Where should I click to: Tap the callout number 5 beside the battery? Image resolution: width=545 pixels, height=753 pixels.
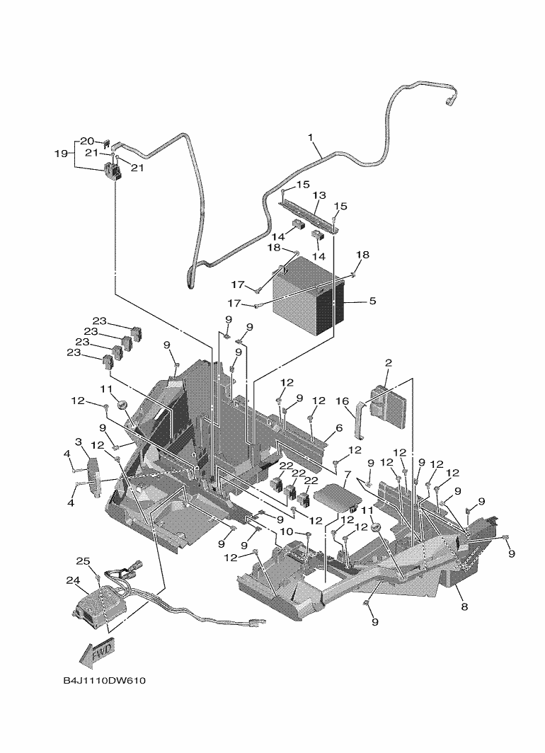[x=372, y=301]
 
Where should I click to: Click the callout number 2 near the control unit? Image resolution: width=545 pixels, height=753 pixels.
[x=388, y=362]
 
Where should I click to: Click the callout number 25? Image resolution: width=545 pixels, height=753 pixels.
[x=83, y=561]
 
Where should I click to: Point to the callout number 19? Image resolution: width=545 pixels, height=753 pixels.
[x=61, y=153]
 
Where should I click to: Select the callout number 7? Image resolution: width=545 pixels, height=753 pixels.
[x=348, y=473]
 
